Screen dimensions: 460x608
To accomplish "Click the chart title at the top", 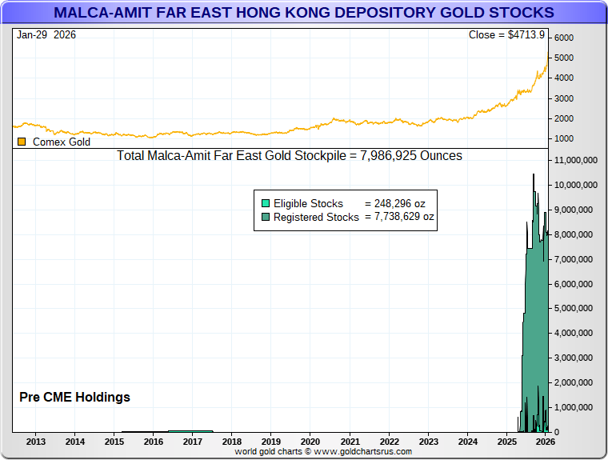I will [303, 13].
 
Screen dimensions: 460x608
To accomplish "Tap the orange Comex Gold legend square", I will [21, 142].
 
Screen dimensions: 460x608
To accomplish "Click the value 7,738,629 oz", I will [399, 217].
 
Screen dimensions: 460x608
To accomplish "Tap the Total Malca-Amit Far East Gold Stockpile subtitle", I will [290, 155].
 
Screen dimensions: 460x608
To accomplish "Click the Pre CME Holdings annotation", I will [74, 397].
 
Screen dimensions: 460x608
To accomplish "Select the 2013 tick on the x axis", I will [36, 442].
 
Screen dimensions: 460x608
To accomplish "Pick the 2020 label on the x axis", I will [310, 442].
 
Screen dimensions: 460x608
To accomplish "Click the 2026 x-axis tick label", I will [545, 442].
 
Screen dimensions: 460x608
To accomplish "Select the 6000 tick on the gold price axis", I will [564, 38].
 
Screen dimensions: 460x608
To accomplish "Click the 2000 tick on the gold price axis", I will [564, 118].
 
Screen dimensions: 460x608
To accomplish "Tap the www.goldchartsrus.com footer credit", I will [322, 452].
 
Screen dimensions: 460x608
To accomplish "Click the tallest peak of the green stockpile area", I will [534, 174].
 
